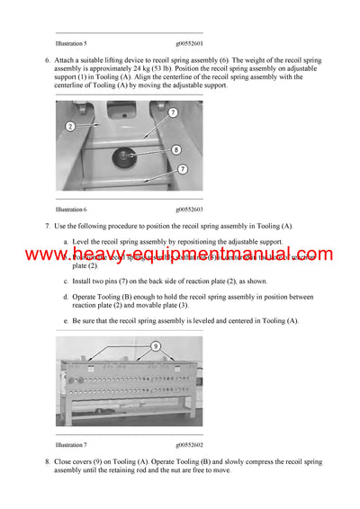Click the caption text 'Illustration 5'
71,43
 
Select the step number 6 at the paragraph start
47,60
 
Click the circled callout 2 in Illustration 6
69,127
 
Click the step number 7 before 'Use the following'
47,226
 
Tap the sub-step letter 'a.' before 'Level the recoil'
66,242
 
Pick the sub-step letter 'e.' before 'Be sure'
66,320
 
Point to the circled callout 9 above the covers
155,345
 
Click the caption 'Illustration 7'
71,444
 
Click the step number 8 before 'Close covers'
47,461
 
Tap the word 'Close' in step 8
64,461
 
